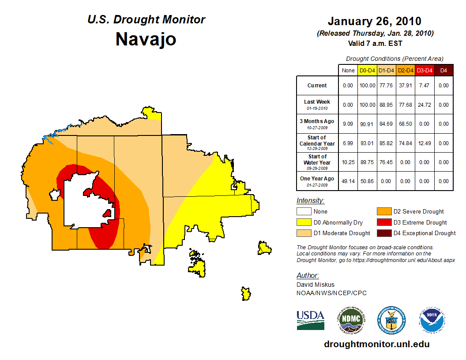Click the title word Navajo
tap(146, 39)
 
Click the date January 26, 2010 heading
tap(374, 21)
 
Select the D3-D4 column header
tap(425, 70)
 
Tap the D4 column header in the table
tap(443, 70)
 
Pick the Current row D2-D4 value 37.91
tap(406, 86)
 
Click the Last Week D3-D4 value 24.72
tap(425, 105)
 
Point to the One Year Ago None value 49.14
tap(348, 181)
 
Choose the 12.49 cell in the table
tap(425, 143)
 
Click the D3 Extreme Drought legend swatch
tap(383, 222)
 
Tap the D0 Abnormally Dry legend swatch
tap(304, 222)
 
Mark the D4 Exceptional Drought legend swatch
tap(383, 233)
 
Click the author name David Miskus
tap(315, 285)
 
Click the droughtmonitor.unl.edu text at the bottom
tap(376, 344)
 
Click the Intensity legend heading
tap(310, 201)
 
